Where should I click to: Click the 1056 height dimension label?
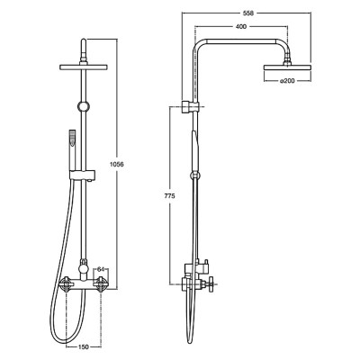pos(117,164)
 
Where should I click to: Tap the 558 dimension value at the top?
pos(249,13)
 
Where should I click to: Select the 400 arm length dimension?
pos(241,26)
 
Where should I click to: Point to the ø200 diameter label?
pos(287,80)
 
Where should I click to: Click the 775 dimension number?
pos(169,196)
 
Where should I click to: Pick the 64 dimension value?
pos(101,269)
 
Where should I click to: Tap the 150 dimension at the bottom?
pos(83,346)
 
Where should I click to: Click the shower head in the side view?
pos(287,67)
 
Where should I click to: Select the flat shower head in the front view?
pos(84,67)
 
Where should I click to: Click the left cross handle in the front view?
pos(66,283)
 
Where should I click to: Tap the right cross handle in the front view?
pos(101,283)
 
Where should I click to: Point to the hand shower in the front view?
pos(72,150)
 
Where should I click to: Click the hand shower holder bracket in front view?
pos(83,175)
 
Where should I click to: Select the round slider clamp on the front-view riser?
pos(84,106)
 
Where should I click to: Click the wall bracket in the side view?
pos(190,107)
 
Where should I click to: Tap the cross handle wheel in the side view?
pos(211,283)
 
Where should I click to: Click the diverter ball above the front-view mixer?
pos(84,265)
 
